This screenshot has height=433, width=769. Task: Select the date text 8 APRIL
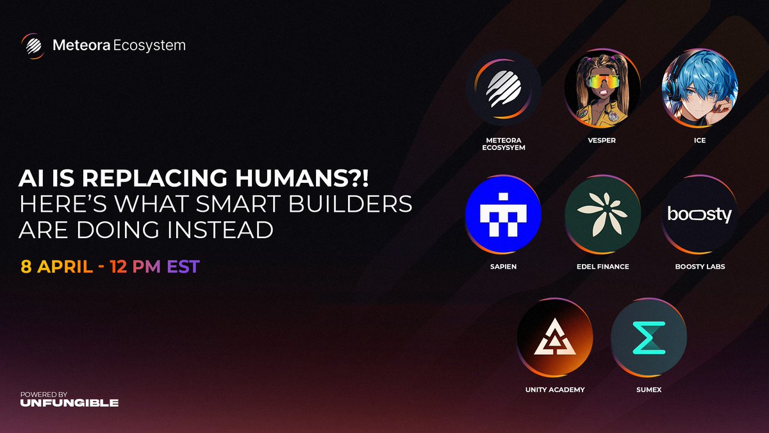[x=57, y=266]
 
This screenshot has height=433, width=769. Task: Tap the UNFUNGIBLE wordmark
[x=69, y=403]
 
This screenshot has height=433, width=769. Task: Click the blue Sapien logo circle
[x=503, y=214]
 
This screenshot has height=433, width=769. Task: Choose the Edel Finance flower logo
[x=602, y=214]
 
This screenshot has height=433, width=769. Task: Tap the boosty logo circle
[x=700, y=214]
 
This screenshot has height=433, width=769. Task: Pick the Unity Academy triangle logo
[x=555, y=338]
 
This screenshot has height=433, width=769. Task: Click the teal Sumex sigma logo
[x=649, y=338]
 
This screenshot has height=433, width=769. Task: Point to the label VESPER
[x=602, y=140]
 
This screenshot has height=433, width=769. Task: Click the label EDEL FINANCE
[x=602, y=266]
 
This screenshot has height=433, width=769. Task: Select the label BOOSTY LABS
[x=700, y=266]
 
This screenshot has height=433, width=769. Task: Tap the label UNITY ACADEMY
[x=555, y=390]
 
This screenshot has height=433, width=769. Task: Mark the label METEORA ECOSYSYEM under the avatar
[x=503, y=144]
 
